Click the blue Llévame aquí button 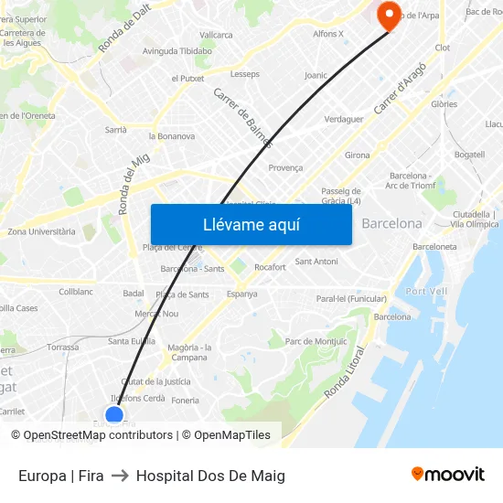tap(251, 224)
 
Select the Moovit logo tap(447, 475)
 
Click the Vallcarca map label tap(216, 35)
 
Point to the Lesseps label tap(245, 74)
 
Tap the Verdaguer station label tap(344, 119)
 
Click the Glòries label tap(444, 104)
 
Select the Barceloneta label tap(434, 247)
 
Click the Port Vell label tap(426, 291)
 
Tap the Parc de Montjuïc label tap(316, 342)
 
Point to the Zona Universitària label tap(41, 231)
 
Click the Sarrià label tap(115, 130)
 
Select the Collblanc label tap(76, 292)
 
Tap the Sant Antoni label tap(316, 262)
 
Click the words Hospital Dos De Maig tap(210, 476)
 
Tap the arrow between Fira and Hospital tap(120, 476)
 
